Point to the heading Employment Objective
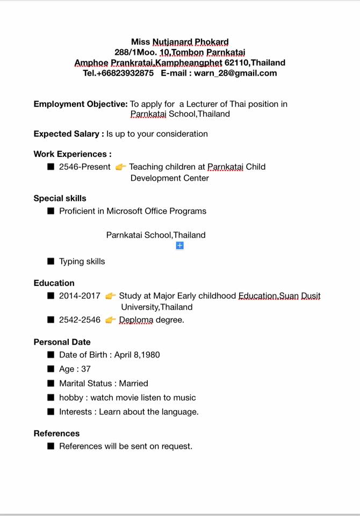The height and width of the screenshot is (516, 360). click(x=81, y=104)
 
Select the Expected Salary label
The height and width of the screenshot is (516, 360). click(x=68, y=134)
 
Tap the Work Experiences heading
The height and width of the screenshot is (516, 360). click(x=73, y=154)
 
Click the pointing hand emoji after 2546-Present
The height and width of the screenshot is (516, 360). click(x=120, y=167)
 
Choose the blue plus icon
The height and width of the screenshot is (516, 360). click(x=180, y=246)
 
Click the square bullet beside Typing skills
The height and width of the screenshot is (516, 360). click(x=51, y=261)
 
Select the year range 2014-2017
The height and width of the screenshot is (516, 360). click(x=80, y=296)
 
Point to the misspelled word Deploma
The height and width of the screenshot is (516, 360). click(x=136, y=320)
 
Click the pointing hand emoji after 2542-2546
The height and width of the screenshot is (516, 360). click(x=110, y=320)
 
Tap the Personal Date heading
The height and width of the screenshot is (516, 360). click(x=62, y=342)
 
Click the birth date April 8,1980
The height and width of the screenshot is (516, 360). click(x=137, y=355)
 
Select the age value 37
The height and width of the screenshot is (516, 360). click(x=86, y=369)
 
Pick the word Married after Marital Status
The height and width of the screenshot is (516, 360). click(x=134, y=383)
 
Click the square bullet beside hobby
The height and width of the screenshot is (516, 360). click(x=51, y=398)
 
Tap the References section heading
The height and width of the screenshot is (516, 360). click(x=56, y=433)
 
